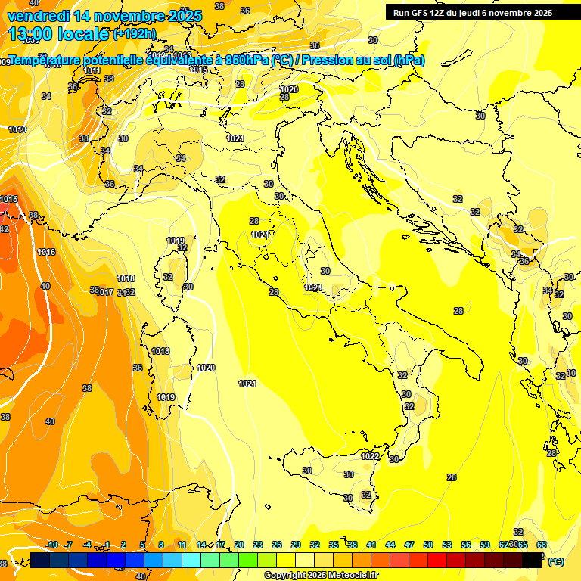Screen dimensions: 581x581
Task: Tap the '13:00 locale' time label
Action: point(58,34)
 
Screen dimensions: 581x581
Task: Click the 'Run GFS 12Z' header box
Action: point(473,13)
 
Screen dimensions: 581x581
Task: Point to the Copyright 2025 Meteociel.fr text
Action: point(322,575)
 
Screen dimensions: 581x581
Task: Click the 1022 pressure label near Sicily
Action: point(370,456)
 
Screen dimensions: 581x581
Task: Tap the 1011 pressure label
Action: point(92,70)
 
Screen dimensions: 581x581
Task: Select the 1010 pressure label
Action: point(17,129)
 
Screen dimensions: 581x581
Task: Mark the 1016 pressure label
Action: point(46,252)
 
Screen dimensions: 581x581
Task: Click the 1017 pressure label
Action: point(105,292)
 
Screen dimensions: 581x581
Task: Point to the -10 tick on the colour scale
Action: point(51,545)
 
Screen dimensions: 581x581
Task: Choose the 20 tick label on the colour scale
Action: point(239,545)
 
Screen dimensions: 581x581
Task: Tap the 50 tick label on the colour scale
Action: point(428,545)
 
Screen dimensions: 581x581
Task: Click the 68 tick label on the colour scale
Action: point(542,545)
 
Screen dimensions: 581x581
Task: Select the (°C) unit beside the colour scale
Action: point(556,561)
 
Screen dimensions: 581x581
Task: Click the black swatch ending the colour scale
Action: point(532,560)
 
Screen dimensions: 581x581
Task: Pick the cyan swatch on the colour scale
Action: point(191,560)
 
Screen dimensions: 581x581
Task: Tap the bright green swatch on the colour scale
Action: point(248,560)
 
